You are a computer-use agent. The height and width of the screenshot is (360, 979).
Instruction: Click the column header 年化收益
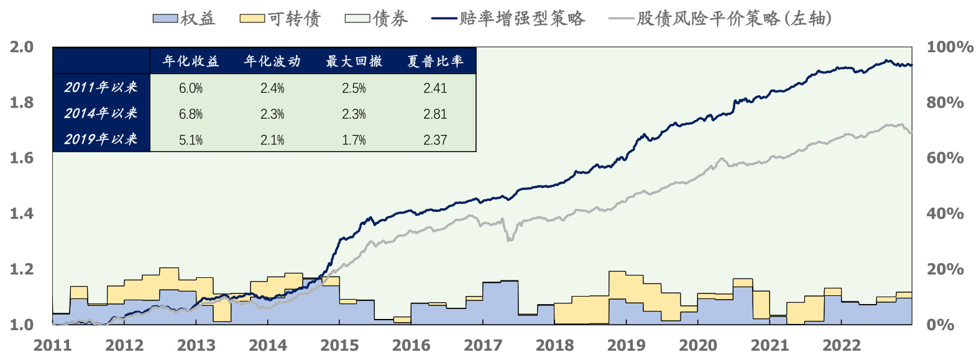point(191,61)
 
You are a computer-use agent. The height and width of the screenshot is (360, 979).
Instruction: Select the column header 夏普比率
point(435,61)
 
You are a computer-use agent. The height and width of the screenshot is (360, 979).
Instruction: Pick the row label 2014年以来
point(101,113)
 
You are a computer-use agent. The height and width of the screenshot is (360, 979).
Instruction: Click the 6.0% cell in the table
point(191,88)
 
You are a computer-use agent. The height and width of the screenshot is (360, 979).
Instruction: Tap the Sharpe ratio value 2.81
point(435,114)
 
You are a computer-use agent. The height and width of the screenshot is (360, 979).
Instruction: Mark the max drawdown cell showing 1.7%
point(354,141)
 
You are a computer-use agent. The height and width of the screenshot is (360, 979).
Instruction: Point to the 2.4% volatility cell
point(272,88)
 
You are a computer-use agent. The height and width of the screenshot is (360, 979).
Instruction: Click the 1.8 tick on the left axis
point(22,103)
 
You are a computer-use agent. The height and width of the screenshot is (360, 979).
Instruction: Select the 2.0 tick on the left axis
point(22,47)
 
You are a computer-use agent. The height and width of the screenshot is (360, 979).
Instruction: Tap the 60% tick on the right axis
point(945,158)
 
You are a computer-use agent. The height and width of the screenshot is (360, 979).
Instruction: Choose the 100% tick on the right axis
point(949,47)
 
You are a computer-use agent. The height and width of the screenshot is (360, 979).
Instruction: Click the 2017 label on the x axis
point(483,346)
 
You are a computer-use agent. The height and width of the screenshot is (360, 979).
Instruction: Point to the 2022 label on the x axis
point(842,346)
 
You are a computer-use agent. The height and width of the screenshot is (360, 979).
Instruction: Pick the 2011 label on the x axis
point(53,346)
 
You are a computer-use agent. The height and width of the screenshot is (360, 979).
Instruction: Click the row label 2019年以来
point(101,139)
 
